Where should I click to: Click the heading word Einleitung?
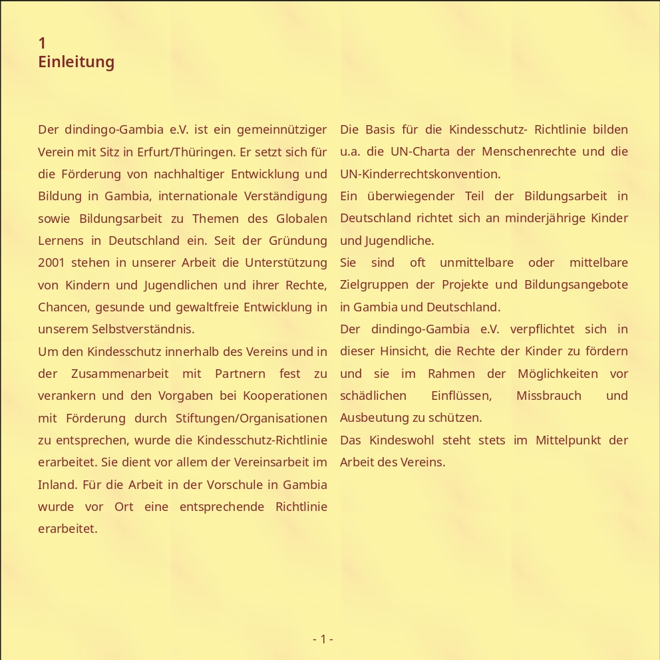tap(76, 62)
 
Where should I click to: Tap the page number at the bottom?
tap(323, 639)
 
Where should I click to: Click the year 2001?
tap(51, 263)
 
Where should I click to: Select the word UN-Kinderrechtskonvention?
tap(419, 174)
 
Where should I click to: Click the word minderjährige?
tap(545, 218)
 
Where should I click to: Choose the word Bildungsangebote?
tap(576, 285)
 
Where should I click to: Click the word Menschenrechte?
tap(528, 152)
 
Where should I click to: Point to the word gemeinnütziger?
tap(281, 130)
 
